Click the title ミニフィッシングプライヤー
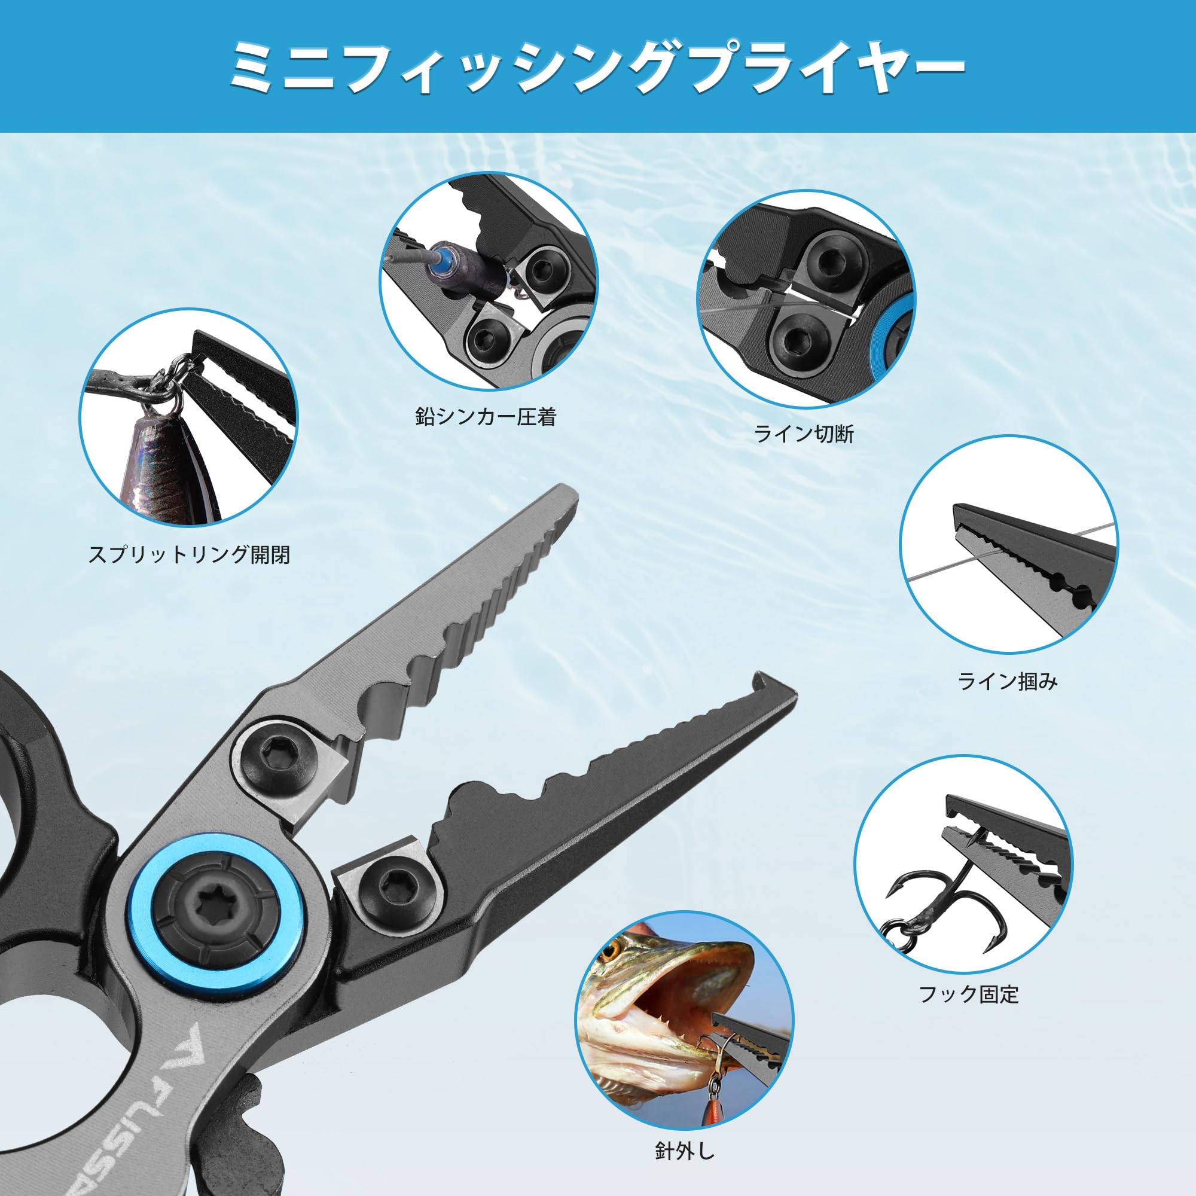click(597, 66)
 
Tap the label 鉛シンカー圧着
click(486, 417)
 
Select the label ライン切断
click(804, 434)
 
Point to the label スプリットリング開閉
click(189, 554)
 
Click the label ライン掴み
click(1008, 682)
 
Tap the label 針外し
click(685, 1151)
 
